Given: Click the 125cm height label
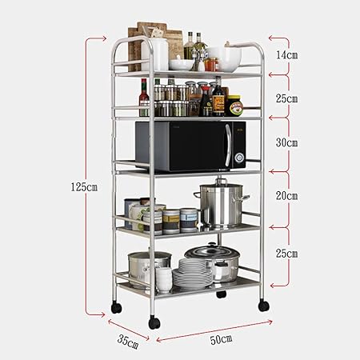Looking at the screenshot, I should click(x=82, y=186).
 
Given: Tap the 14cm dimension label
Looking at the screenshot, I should click(x=286, y=56).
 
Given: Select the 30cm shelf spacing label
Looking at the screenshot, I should click(x=286, y=142).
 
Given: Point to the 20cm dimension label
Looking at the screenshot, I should click(x=286, y=195).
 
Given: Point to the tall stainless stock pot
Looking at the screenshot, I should click(x=221, y=206).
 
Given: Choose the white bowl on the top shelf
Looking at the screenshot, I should click(x=226, y=56).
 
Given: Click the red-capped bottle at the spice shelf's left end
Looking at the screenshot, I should click(x=144, y=98).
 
